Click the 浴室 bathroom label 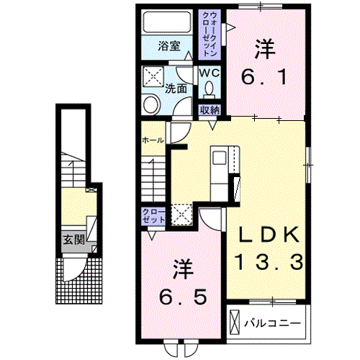pyautogui.click(x=169, y=46)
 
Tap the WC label pyautogui.click(x=210, y=73)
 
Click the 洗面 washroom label pyautogui.click(x=176, y=89)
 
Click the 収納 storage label pyautogui.click(x=210, y=110)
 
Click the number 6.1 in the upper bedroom pyautogui.click(x=264, y=76)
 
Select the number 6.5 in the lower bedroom pyautogui.click(x=183, y=297)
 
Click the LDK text pyautogui.click(x=269, y=234)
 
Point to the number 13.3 pyautogui.click(x=269, y=262)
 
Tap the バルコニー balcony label pyautogui.click(x=272, y=323)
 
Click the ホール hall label pyautogui.click(x=153, y=140)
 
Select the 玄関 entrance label pyautogui.click(x=74, y=240)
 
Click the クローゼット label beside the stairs pyautogui.click(x=153, y=216)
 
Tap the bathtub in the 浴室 pyautogui.click(x=167, y=22)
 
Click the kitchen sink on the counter pyautogui.click(x=220, y=158)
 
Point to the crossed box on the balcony pyautogui.click(x=235, y=322)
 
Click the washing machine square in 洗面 pyautogui.click(x=153, y=76)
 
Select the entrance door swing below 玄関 pyautogui.click(x=74, y=269)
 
